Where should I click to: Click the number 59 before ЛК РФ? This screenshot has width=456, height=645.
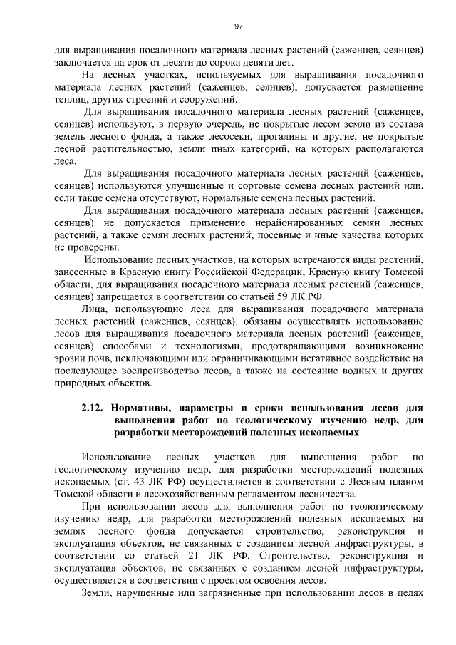coord(281,296)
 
